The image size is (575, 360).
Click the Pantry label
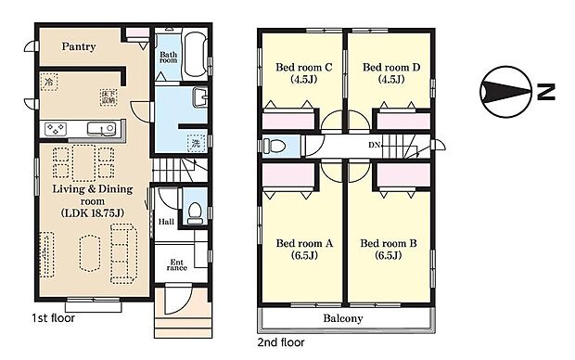pyautogui.click(x=79, y=45)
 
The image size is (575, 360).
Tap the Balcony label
pyautogui.click(x=343, y=318)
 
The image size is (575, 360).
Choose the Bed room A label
pyautogui.click(x=302, y=250)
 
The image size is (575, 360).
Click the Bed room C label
pyautogui.click(x=302, y=72)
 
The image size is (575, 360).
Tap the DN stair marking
pyautogui.click(x=374, y=146)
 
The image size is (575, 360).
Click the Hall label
pyautogui.click(x=166, y=222)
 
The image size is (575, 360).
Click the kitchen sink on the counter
pyautogui.click(x=100, y=128)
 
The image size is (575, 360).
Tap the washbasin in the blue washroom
pyautogui.click(x=200, y=98)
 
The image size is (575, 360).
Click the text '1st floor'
pyautogui.click(x=54, y=317)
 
